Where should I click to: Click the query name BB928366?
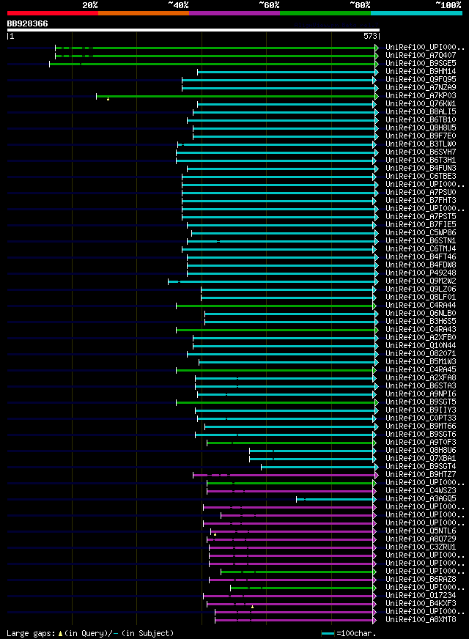[28, 23]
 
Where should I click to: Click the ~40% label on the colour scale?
[178, 4]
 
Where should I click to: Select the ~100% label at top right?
[448, 4]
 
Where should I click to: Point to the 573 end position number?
[370, 35]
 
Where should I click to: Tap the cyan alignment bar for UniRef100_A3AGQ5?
[337, 498]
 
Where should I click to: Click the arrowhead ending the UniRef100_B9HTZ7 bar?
[376, 474]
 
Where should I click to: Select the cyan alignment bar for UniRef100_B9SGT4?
[319, 466]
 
